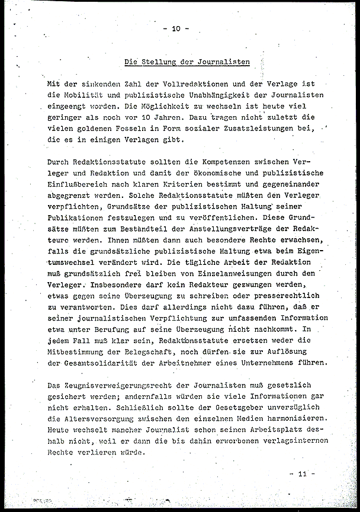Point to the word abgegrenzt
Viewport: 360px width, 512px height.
coord(68,196)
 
